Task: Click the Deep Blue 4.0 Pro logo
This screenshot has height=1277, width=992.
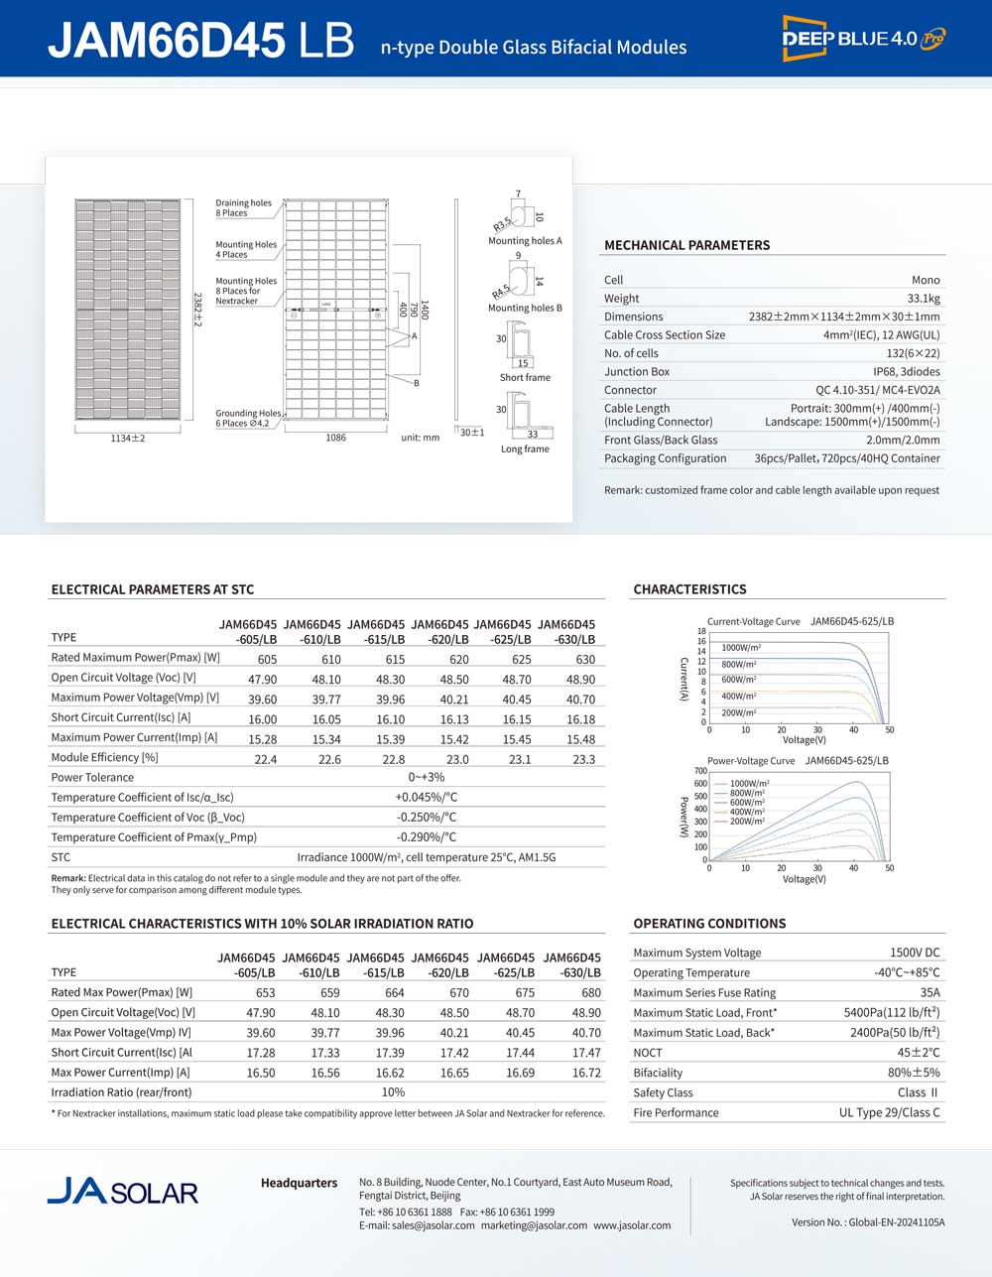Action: point(863,39)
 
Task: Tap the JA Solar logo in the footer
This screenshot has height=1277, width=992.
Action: point(123,1191)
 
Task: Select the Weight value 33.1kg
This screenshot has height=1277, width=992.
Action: point(923,298)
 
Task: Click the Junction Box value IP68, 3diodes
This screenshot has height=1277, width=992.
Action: point(906,371)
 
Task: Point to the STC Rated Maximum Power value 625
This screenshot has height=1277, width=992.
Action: point(522,659)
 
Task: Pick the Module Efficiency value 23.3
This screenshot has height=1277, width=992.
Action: point(584,759)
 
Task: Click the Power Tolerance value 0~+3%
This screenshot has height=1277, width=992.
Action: point(427,778)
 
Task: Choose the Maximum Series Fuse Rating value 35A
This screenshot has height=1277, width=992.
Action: point(930,992)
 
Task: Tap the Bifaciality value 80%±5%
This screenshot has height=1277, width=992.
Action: point(914,1073)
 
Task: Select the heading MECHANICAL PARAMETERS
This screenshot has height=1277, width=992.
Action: point(686,245)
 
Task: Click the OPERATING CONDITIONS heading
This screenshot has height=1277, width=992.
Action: point(709,924)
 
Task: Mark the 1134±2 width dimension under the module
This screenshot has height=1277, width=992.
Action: point(128,438)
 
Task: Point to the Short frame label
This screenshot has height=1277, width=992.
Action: point(525,378)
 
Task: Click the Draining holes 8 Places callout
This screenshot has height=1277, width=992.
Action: point(243,208)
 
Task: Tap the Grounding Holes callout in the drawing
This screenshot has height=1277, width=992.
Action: point(248,418)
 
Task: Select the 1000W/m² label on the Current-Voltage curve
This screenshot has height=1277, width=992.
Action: point(739,648)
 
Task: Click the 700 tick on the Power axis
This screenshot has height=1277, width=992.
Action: point(700,771)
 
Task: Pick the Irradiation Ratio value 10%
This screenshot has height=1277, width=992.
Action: point(393,1092)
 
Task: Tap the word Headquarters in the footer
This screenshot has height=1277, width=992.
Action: point(299,1183)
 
